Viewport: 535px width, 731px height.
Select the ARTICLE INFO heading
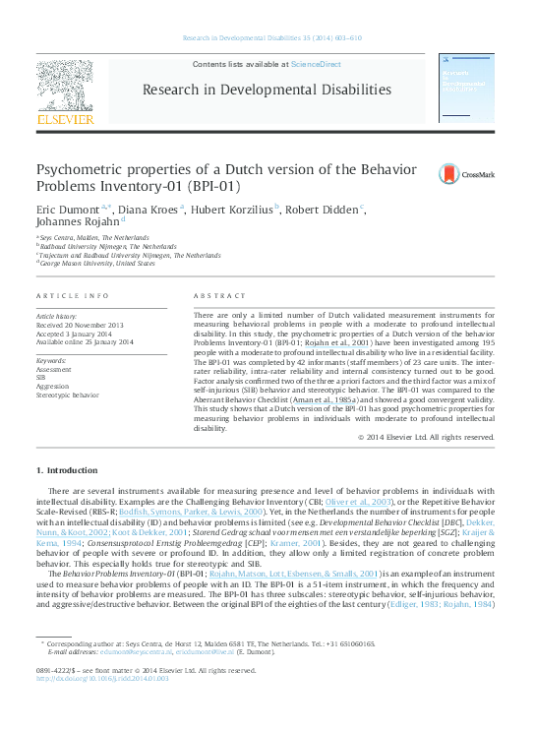[72, 295]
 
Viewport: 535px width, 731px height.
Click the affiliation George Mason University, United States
[96, 264]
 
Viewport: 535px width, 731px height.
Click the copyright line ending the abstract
[426, 436]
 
